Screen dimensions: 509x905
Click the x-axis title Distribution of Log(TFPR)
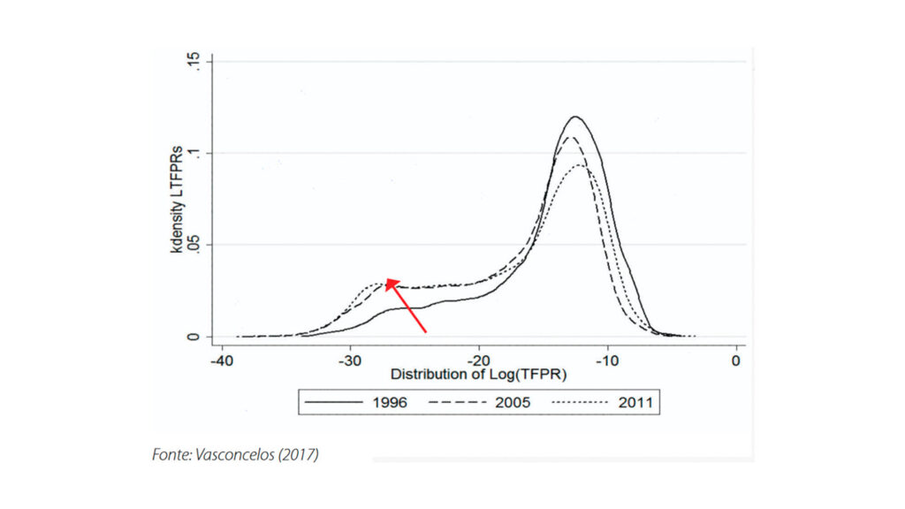477,375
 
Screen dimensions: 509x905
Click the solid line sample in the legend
335,402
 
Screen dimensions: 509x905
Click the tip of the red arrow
386,278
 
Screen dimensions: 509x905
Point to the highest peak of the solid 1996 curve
576,117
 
